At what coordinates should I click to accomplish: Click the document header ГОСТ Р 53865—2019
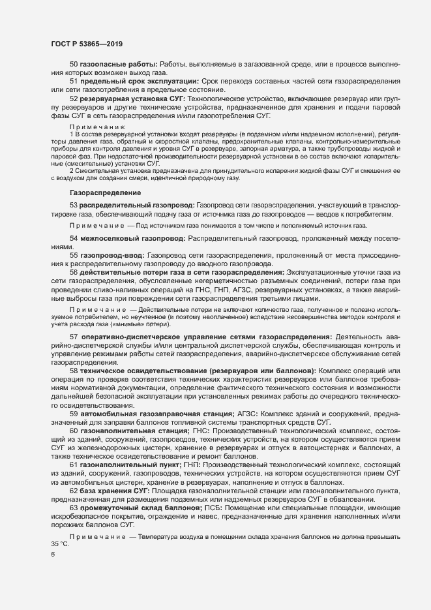pyautogui.click(x=87, y=44)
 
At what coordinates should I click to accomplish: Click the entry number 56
pyautogui.click(x=74, y=272)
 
